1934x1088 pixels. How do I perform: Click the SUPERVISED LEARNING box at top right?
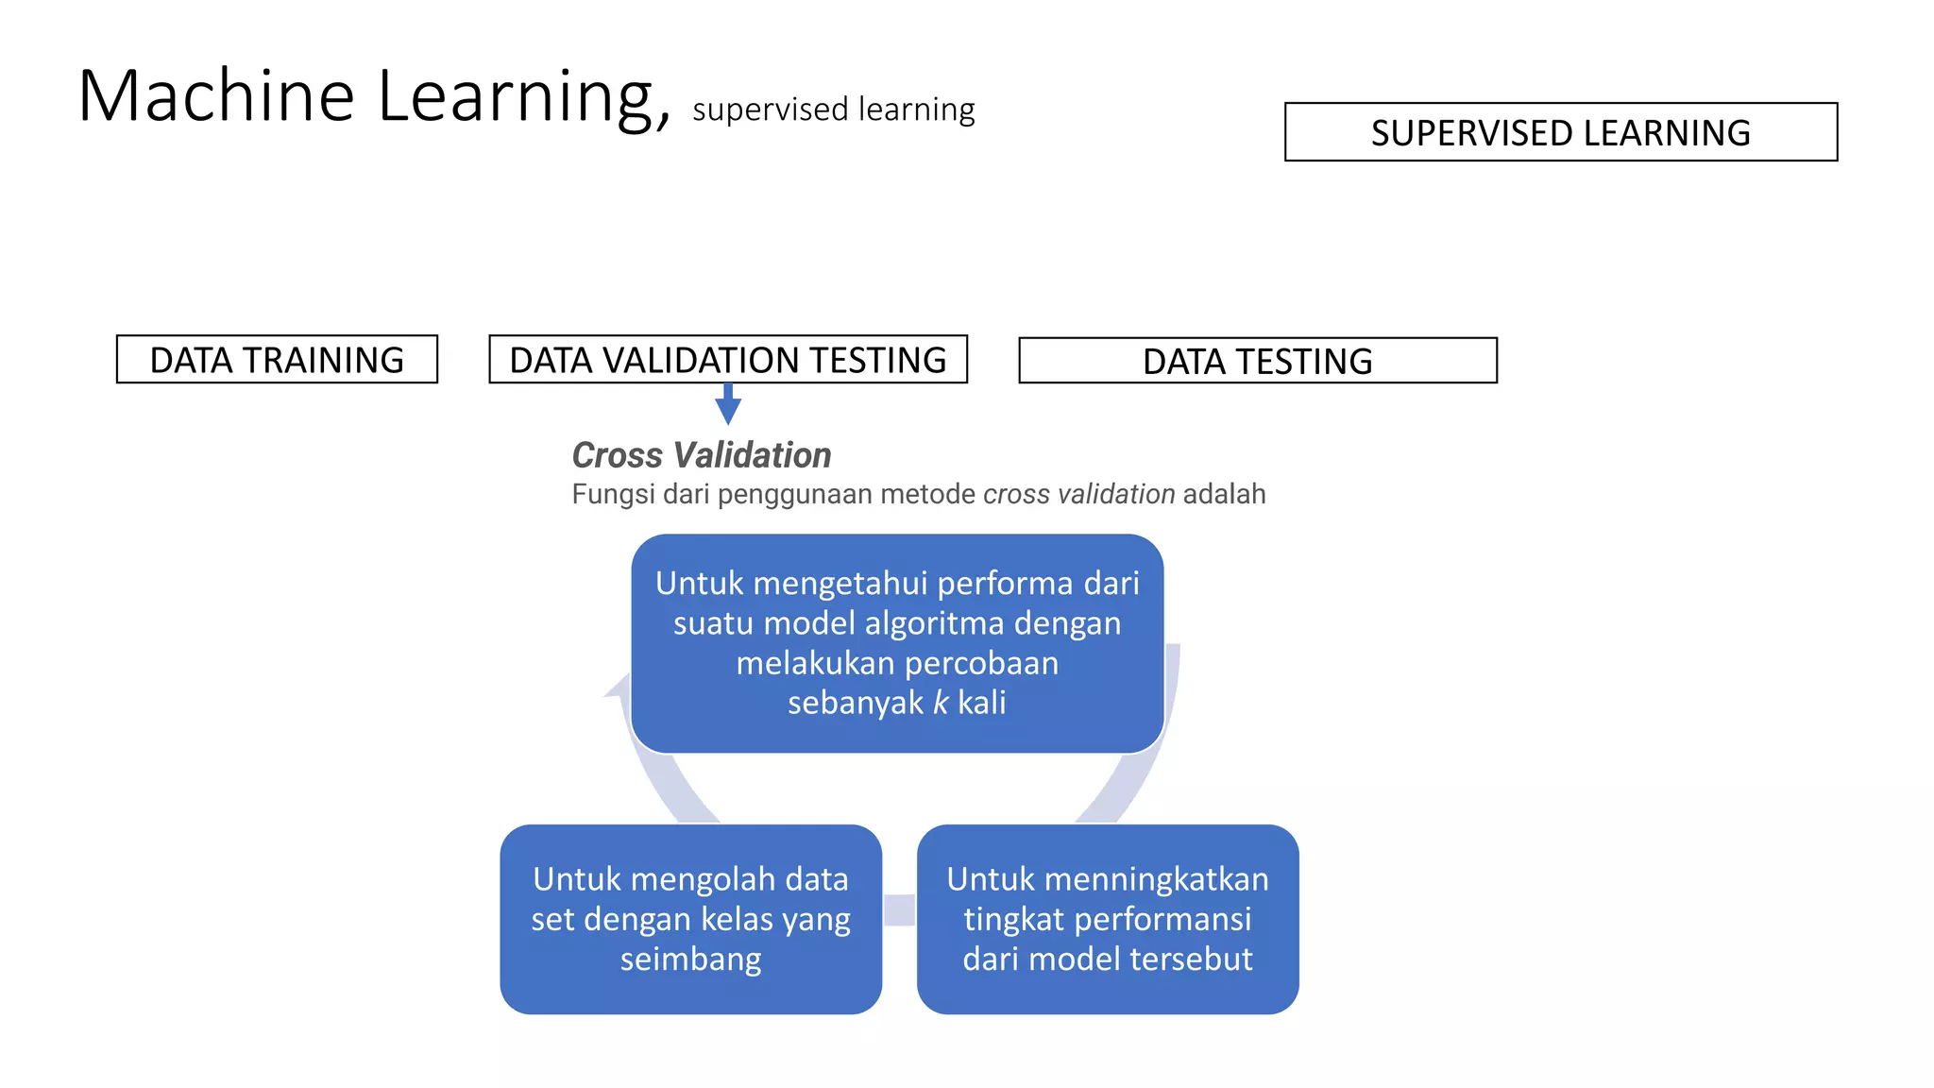pos(1560,132)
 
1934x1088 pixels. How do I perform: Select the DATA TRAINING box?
pos(277,360)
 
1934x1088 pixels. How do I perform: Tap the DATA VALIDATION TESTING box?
pos(727,360)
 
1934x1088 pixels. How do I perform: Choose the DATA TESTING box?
pos(1257,361)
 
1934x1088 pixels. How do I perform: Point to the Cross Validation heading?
pos(701,455)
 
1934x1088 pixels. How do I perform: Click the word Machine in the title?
pos(216,96)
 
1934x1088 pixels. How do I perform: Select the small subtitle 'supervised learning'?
pos(833,110)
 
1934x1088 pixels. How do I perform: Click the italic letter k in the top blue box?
pos(941,703)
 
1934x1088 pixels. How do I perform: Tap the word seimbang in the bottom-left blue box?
pos(690,960)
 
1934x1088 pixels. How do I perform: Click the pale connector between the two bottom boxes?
pos(899,909)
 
